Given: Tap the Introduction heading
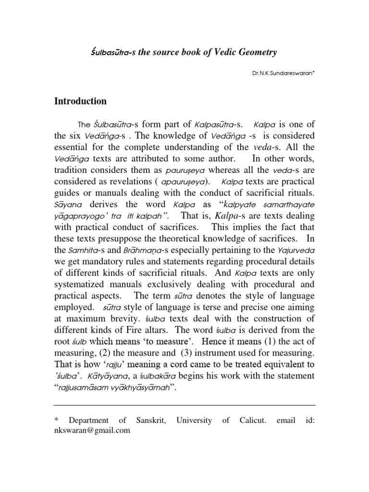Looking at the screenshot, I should (x=80, y=101).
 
